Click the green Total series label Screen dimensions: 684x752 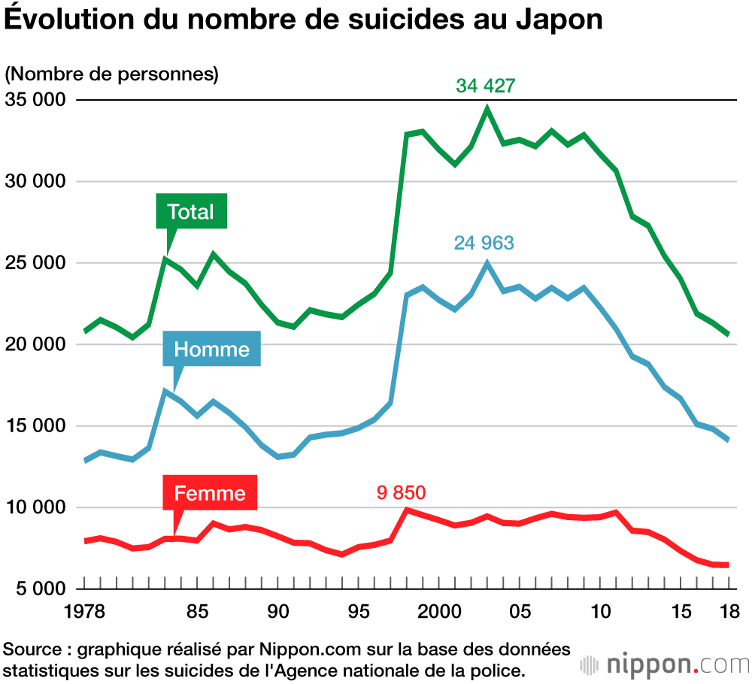(x=191, y=212)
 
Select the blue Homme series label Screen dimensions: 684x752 (x=211, y=349)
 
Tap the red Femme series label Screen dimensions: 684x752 (x=210, y=493)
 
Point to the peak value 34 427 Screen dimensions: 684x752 (x=486, y=86)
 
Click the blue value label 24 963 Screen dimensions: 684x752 (x=484, y=243)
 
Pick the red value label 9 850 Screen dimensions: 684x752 (x=401, y=493)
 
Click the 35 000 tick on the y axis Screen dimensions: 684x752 (x=35, y=100)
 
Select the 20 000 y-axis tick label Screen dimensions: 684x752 (x=35, y=344)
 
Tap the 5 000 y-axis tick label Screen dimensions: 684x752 (x=39, y=589)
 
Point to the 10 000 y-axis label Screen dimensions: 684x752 (x=35, y=507)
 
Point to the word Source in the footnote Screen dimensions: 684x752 (x=32, y=649)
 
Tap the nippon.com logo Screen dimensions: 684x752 (x=666, y=665)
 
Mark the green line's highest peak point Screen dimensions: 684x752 (x=487, y=109)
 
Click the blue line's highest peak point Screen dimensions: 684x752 (x=487, y=263)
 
